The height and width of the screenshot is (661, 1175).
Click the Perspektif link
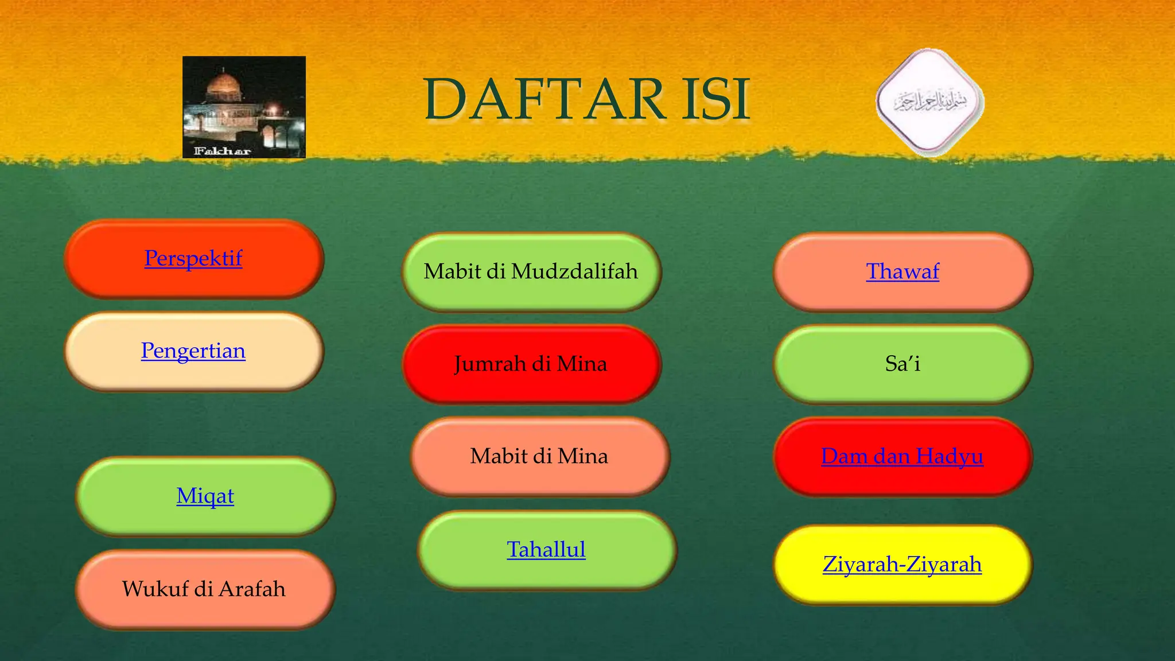pyautogui.click(x=193, y=258)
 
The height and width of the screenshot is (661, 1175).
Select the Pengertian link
pyautogui.click(x=193, y=351)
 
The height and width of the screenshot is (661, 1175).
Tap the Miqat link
pyautogui.click(x=205, y=496)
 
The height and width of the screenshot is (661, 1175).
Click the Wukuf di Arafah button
pyautogui.click(x=204, y=589)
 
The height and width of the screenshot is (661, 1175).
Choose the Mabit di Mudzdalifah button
pyautogui.click(x=531, y=271)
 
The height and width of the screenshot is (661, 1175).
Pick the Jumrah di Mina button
pyautogui.click(x=531, y=364)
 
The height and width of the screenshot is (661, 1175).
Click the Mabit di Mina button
pyautogui.click(x=539, y=456)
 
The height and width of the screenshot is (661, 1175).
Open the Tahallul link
pyautogui.click(x=546, y=550)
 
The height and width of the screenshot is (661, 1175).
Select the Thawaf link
pyautogui.click(x=902, y=271)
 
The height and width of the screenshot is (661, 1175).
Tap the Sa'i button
pyautogui.click(x=902, y=364)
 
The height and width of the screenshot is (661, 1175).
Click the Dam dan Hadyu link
pyautogui.click(x=902, y=456)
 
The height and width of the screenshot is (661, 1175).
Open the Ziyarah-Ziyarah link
pyautogui.click(x=902, y=565)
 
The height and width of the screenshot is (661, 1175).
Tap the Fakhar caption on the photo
pyautogui.click(x=222, y=151)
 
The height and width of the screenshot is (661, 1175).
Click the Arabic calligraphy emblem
pyautogui.click(x=930, y=102)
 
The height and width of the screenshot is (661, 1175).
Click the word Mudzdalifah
pyautogui.click(x=574, y=271)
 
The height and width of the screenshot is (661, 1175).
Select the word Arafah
pyautogui.click(x=252, y=589)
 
